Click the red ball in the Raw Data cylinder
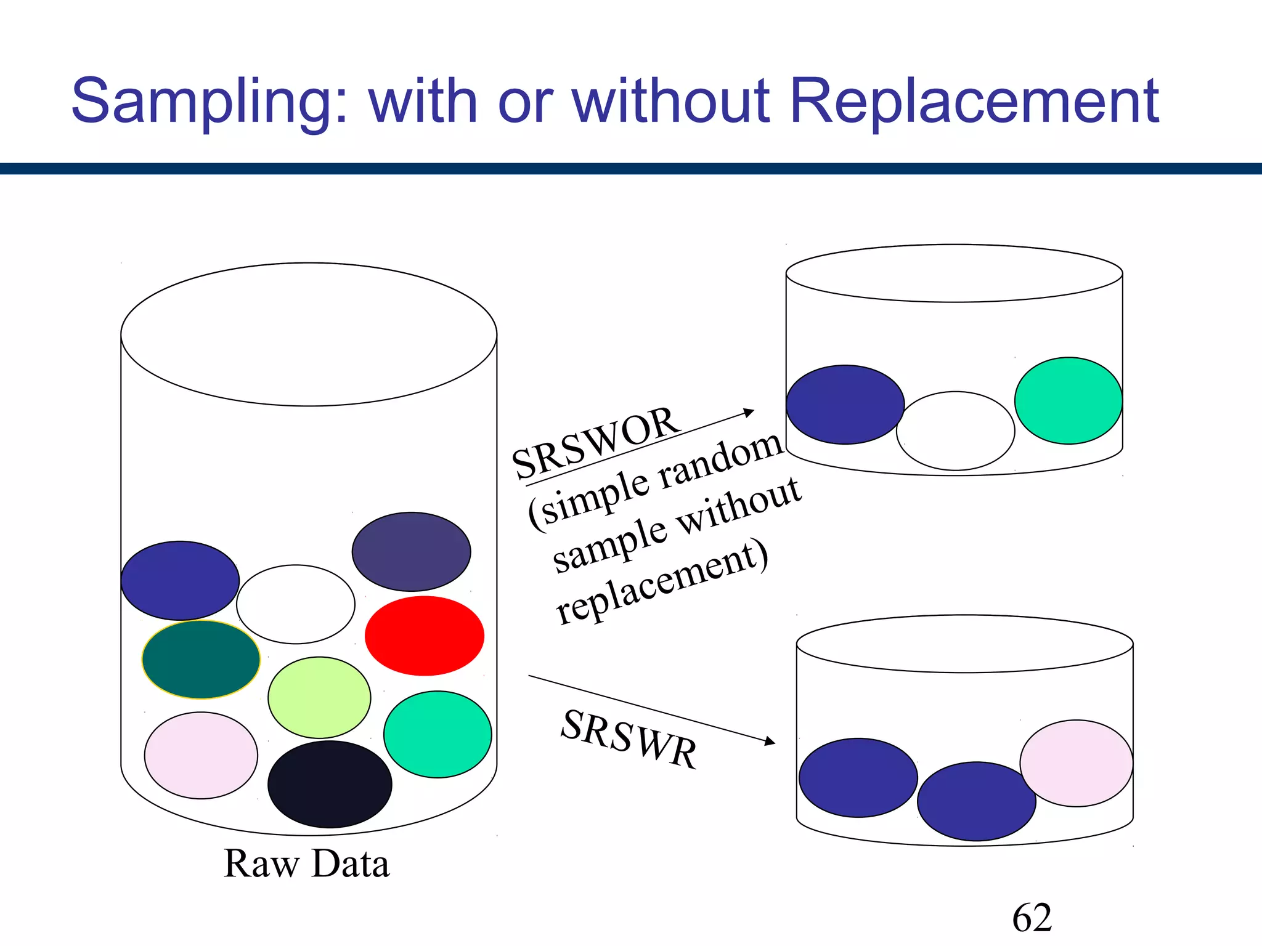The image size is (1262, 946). click(424, 636)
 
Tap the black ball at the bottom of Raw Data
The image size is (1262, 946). click(330, 784)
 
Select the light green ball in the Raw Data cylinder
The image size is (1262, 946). click(319, 697)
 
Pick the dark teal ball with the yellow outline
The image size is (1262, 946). click(201, 660)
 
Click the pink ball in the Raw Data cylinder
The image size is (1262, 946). click(201, 755)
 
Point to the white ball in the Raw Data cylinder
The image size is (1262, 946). click(296, 604)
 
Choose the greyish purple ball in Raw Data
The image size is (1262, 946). click(411, 552)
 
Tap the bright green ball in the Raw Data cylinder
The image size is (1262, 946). click(438, 734)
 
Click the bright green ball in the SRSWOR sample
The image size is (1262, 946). click(1068, 400)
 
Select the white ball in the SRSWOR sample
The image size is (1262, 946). click(955, 431)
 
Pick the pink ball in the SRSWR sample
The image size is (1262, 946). click(1076, 763)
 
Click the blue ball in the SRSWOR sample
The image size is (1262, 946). click(845, 405)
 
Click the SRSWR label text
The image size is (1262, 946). click(629, 739)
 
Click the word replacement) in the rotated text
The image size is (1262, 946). click(662, 582)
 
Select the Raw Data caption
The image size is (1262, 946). click(306, 863)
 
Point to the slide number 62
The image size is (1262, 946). click(1032, 918)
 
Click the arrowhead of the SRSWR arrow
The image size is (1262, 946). click(770, 742)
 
